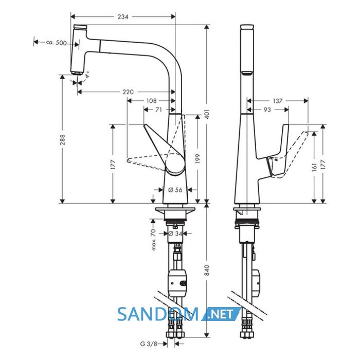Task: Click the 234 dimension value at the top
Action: pos(123,16)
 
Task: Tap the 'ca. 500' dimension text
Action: pos(56,43)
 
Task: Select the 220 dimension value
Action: pos(128,92)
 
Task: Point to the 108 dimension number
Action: pos(151,101)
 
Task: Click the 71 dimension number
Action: pos(158,110)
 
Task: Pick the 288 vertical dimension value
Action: pos(62,139)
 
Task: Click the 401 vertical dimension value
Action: pos(207,114)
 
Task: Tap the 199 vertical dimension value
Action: pos(197,159)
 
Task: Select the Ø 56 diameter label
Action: pos(175,190)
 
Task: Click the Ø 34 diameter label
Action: pos(175,233)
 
